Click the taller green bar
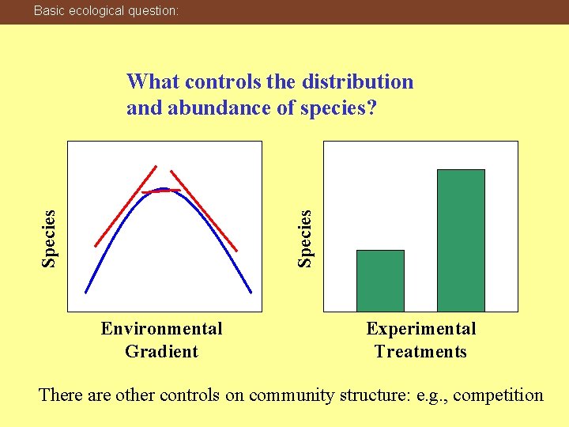point(461,240)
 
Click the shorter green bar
point(380,281)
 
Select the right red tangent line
point(204,209)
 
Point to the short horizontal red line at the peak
point(160,191)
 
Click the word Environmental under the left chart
point(161,328)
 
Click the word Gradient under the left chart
point(161,351)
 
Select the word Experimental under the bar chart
point(420,328)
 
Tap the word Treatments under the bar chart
point(420,351)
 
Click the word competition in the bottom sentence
point(496,394)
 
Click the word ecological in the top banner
point(93,11)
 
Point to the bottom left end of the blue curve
point(87,292)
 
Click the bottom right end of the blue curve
point(251,292)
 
